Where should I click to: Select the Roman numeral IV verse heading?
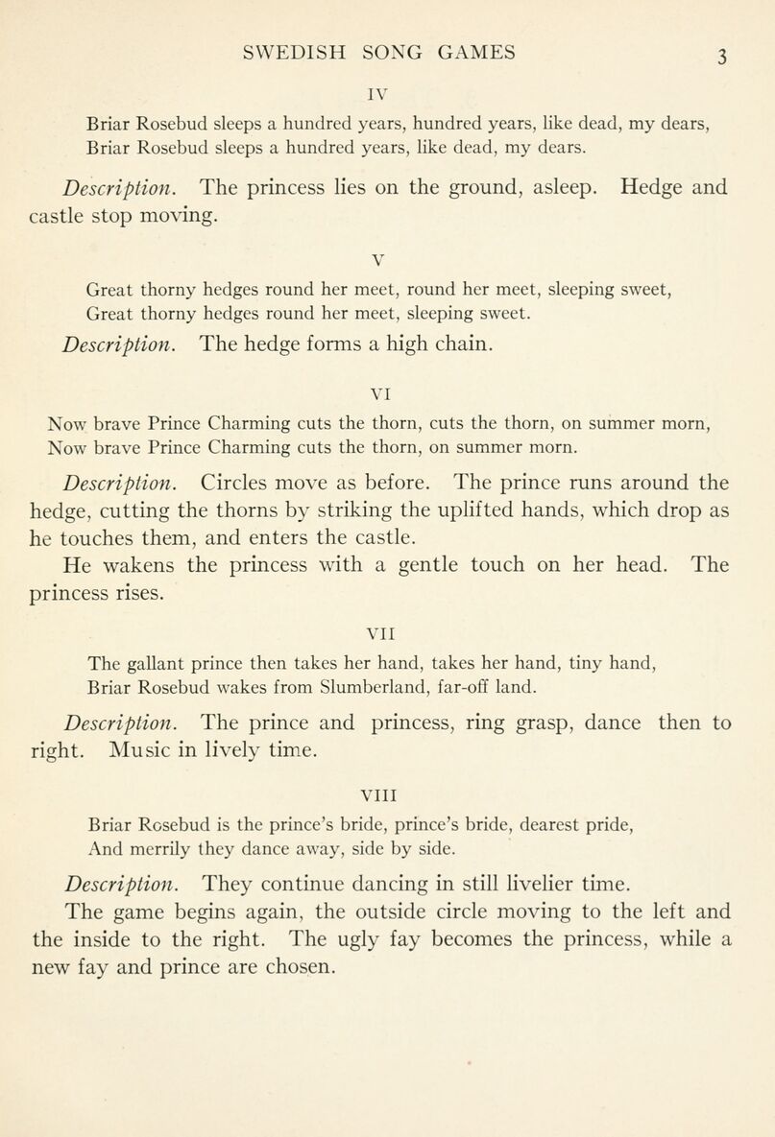386,97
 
